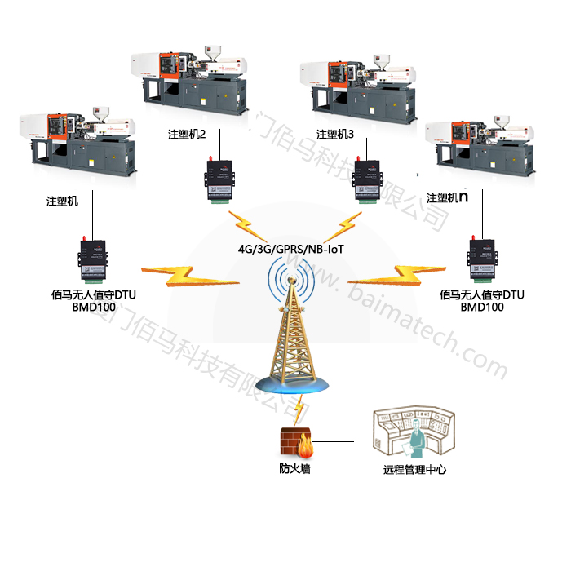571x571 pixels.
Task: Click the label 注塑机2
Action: pos(186,134)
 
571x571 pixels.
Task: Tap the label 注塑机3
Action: pos(335,134)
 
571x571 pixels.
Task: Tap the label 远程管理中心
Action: pos(414,470)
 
